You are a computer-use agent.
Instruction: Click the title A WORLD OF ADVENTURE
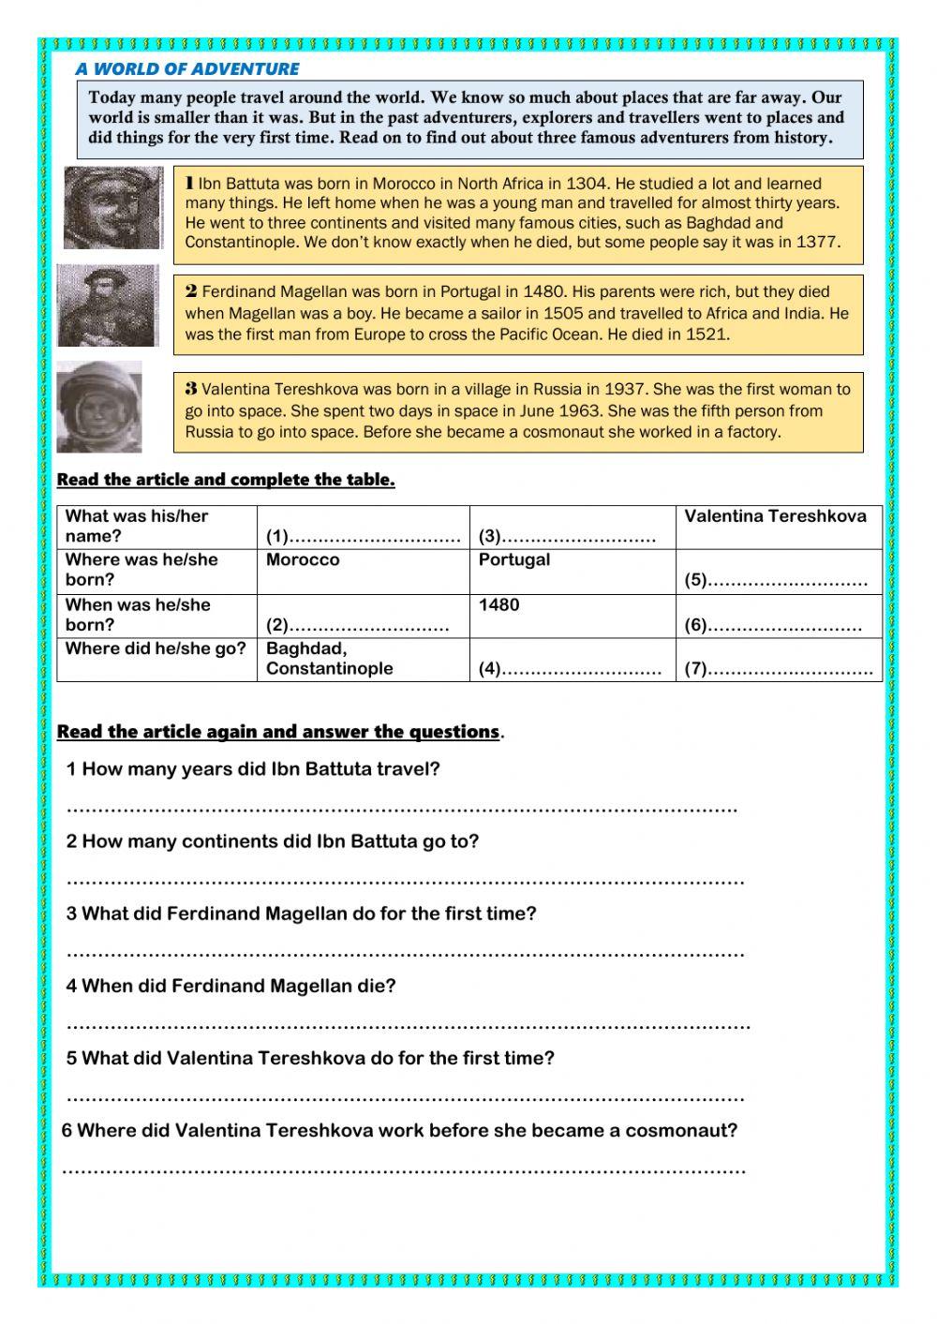point(187,68)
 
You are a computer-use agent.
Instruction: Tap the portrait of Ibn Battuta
point(112,207)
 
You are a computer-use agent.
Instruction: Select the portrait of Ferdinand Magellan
point(108,305)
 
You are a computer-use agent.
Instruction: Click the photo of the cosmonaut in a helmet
point(99,408)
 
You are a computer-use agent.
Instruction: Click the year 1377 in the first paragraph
point(814,242)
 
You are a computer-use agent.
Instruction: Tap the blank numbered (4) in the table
point(570,669)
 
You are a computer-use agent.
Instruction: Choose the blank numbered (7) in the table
point(778,669)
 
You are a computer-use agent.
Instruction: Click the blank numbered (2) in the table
point(357,625)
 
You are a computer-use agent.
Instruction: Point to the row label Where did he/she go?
point(156,648)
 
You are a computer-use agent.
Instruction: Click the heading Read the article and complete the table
point(226,480)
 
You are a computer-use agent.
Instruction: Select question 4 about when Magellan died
point(231,986)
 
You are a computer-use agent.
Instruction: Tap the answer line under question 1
point(403,808)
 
